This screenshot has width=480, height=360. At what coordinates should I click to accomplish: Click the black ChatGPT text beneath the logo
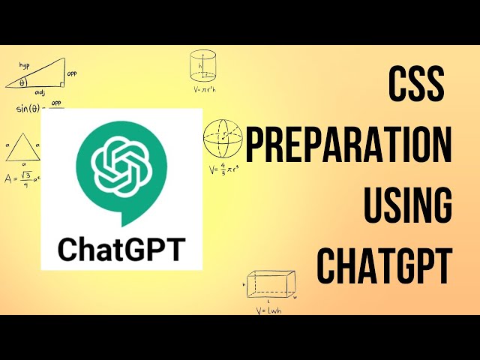click(121, 247)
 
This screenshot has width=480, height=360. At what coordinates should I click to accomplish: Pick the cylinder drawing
click(202, 65)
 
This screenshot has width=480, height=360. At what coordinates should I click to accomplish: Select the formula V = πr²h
click(203, 90)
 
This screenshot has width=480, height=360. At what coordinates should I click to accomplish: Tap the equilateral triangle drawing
click(22, 147)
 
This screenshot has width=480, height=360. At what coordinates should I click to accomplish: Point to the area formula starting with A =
click(22, 179)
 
